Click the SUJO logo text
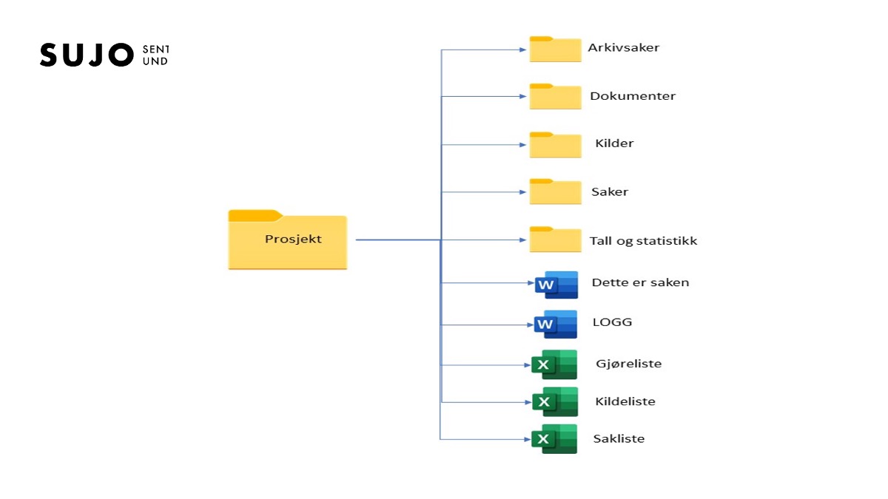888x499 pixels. pos(85,55)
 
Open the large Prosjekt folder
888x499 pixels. pos(287,240)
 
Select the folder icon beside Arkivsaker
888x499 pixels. pos(555,49)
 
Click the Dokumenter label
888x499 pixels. pos(633,96)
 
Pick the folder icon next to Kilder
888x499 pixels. pos(555,145)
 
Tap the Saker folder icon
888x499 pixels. pos(555,192)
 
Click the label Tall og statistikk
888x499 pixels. pos(643,241)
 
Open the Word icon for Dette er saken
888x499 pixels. pos(556,285)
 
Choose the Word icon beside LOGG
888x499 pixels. pos(556,325)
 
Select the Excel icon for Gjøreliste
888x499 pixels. pos(554,364)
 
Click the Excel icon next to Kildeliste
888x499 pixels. pos(554,401)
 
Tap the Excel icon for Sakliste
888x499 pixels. pos(554,439)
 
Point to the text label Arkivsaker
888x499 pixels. pos(624,48)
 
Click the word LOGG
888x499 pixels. pos(612,322)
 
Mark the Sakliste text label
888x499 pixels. pos(619,438)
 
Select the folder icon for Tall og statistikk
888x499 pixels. pos(555,240)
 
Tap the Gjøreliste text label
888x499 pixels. pos(628,364)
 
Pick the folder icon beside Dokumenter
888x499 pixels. pos(555,97)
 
